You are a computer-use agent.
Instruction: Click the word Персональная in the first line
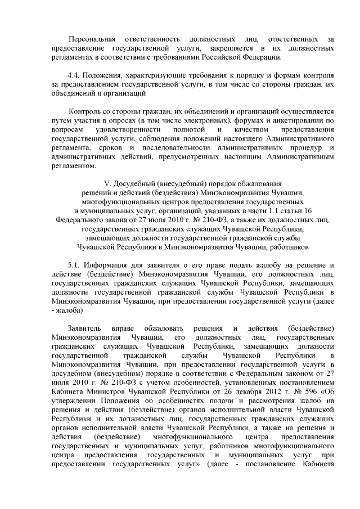click(91, 39)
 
